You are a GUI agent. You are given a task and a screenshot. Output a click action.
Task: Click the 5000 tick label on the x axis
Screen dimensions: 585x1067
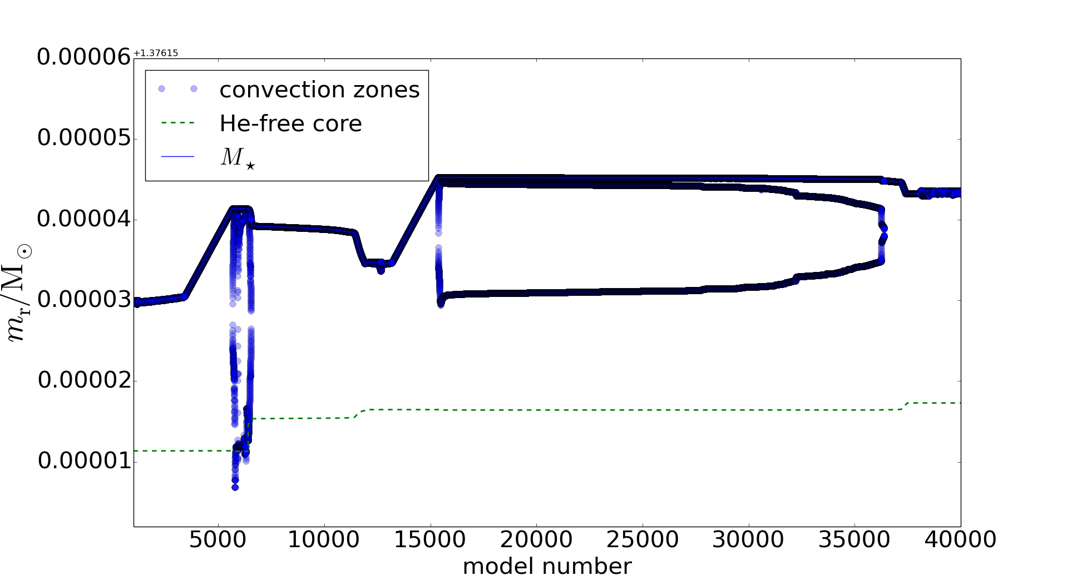click(x=218, y=539)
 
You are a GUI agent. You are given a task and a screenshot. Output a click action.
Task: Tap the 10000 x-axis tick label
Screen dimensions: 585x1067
click(x=323, y=539)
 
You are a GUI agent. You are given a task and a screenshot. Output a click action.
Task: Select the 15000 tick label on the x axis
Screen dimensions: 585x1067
click(x=429, y=539)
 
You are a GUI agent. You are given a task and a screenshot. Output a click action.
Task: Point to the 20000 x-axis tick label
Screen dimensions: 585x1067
click(x=536, y=539)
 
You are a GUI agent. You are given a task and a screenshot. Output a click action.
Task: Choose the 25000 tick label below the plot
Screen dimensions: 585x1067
click(x=642, y=539)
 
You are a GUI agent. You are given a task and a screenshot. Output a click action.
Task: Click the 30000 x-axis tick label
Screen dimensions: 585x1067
click(x=748, y=539)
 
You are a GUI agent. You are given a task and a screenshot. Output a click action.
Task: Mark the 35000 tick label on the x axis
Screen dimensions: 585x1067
click(x=854, y=539)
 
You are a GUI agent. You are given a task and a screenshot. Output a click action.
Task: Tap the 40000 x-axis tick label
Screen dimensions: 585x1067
click(x=960, y=539)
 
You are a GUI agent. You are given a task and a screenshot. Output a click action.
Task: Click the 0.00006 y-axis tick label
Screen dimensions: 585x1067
click(x=84, y=57)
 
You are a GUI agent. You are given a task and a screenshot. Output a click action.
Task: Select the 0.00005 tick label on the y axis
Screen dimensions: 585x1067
click(x=84, y=138)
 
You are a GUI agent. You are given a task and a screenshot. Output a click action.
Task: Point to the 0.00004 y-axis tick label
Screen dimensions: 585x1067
click(x=84, y=219)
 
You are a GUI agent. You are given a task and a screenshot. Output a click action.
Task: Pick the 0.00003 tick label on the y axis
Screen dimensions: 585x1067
click(x=84, y=300)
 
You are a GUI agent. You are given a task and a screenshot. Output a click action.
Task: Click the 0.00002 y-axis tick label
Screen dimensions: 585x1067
click(x=84, y=380)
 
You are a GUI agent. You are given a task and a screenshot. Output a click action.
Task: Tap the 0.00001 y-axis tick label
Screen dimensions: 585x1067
click(x=84, y=461)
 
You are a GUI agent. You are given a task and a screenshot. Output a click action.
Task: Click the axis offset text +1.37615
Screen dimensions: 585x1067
click(x=156, y=53)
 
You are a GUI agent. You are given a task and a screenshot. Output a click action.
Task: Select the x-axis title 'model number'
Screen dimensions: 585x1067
click(x=547, y=567)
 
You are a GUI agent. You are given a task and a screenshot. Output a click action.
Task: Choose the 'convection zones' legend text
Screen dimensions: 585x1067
click(x=319, y=90)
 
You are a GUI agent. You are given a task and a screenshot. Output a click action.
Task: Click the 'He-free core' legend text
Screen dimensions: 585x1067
click(x=290, y=123)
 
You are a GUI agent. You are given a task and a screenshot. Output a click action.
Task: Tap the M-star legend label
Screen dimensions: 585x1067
click(x=238, y=158)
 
